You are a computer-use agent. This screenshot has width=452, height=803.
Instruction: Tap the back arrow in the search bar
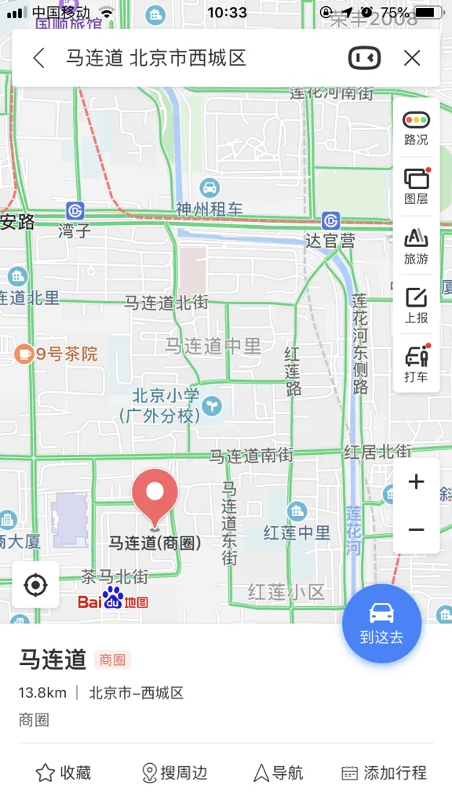[38, 58]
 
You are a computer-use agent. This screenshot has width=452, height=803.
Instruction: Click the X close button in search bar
[412, 58]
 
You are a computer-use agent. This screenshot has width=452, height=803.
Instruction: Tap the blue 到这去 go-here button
[382, 623]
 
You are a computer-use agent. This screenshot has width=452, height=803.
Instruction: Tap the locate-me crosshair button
[35, 585]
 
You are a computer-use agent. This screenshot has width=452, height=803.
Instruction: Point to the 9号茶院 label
[58, 354]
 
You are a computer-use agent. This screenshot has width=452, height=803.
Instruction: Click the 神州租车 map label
[209, 209]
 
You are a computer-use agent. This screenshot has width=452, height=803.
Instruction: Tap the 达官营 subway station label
[330, 240]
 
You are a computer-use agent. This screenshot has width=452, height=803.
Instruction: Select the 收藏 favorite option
[64, 773]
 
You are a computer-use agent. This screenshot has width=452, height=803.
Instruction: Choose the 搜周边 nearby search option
[174, 773]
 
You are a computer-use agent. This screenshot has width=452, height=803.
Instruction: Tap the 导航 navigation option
[279, 773]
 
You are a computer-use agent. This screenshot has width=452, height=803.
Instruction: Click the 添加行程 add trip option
[385, 773]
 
